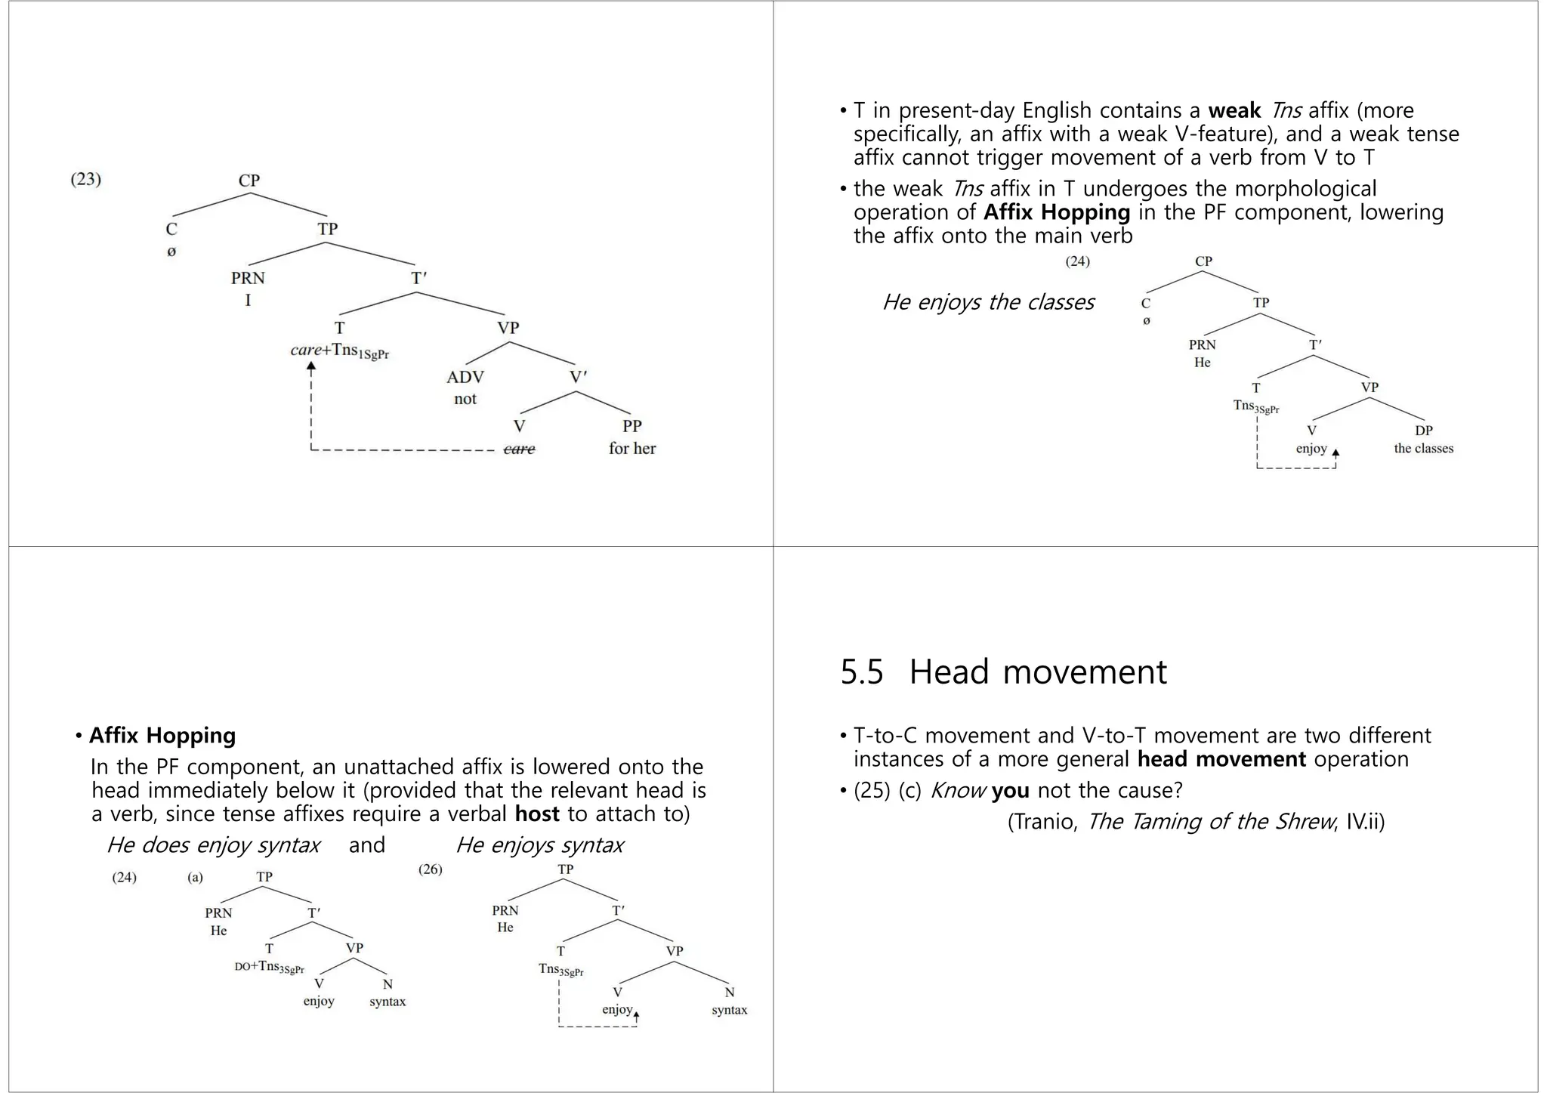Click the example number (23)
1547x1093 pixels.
[85, 180]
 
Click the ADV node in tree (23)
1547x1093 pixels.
[465, 377]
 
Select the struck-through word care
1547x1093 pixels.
[519, 449]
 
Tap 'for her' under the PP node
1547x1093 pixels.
[632, 449]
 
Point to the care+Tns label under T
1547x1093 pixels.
[339, 351]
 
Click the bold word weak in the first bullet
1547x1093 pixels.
[1234, 110]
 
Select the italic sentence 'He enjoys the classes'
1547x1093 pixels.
[987, 302]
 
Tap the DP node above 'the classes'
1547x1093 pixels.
[1423, 431]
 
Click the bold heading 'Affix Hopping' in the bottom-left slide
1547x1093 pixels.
[162, 735]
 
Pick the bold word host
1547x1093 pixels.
[537, 814]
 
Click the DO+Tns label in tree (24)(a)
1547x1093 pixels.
[269, 967]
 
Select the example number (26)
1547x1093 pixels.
[431, 869]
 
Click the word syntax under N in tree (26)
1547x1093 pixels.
[729, 1010]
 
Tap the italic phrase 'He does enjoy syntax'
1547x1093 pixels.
[213, 844]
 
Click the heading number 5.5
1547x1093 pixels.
[861, 672]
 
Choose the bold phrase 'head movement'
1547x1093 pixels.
[1221, 759]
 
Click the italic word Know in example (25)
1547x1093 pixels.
[957, 790]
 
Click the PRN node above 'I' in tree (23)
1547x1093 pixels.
[248, 278]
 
